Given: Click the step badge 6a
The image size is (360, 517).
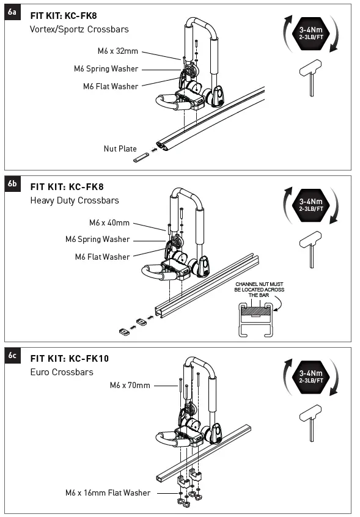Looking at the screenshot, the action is coord(12,12).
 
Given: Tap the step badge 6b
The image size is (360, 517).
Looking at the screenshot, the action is coord(12,184).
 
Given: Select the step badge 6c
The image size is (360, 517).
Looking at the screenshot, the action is coord(12,356).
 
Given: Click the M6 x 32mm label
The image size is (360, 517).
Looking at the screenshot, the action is coord(118,51).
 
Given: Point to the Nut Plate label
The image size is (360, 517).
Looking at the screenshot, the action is coord(120,148).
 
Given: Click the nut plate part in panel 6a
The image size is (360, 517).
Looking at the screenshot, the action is coord(141,157).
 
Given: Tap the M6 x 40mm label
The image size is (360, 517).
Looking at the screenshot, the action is coord(109,223).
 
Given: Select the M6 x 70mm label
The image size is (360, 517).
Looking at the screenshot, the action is coord(130,386).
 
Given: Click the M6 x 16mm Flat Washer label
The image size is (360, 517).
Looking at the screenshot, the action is coord(108,493).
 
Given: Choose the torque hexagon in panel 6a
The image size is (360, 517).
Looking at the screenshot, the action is coord(311,33).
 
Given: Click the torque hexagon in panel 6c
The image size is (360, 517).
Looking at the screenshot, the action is coord(311,377).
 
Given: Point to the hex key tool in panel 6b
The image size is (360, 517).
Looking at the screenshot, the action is coord(310,249).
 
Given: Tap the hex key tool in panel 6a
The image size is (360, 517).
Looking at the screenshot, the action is coord(310,78).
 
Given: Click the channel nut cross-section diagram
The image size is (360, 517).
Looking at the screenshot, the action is coord(255,320).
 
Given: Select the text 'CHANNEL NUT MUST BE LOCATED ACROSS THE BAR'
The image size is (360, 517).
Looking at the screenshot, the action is coord(259,290).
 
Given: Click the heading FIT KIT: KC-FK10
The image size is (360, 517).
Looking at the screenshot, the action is coord(70,359).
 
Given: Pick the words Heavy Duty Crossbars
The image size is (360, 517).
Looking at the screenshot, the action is coord(75,200).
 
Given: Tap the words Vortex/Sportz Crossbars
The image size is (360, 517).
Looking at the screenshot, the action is coord(79,29).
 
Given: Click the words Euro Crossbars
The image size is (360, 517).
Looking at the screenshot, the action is coord(62,372).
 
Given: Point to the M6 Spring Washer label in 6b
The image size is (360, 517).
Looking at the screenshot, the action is coord(98,240).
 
